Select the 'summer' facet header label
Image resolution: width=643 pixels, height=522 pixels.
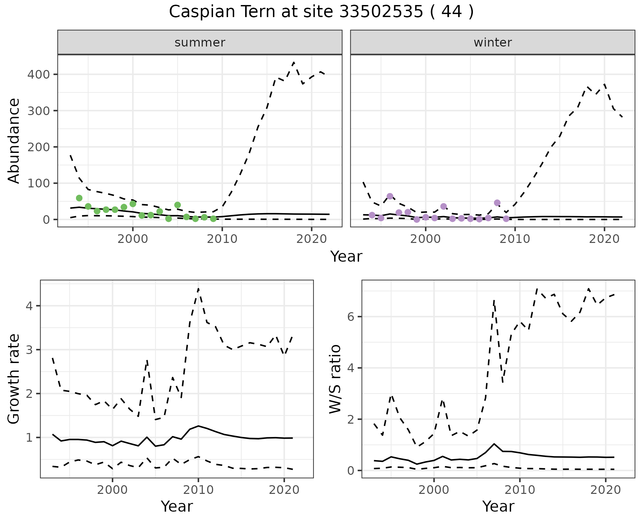tap(200, 42)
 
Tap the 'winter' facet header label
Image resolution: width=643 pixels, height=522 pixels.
tap(493, 42)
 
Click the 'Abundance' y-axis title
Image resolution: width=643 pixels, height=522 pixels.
tap(14, 141)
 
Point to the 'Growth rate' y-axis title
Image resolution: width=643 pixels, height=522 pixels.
tap(14, 379)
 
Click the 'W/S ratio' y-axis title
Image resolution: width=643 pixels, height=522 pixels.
tap(335, 379)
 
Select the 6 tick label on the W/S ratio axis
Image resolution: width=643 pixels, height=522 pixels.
tap(351, 317)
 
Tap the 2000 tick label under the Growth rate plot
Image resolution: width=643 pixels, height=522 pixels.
tap(113, 490)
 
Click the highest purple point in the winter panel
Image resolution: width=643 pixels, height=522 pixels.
tap(390, 196)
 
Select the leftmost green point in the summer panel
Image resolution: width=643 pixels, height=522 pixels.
tap(79, 198)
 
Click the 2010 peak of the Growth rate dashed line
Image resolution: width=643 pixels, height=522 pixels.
tap(198, 288)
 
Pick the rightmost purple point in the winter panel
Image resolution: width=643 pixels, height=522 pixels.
tap(506, 219)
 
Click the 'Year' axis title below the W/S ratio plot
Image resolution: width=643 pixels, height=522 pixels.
tap(498, 506)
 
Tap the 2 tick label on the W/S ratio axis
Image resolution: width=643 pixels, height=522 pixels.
tap(351, 419)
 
